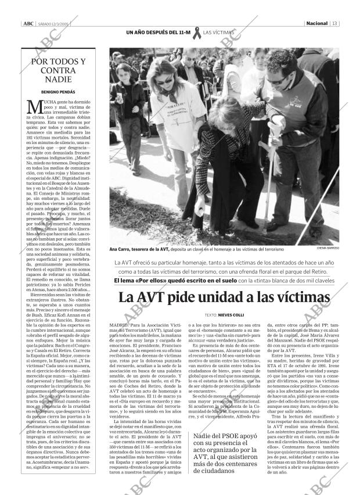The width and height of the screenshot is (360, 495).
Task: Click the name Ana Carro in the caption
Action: click(123, 249)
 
